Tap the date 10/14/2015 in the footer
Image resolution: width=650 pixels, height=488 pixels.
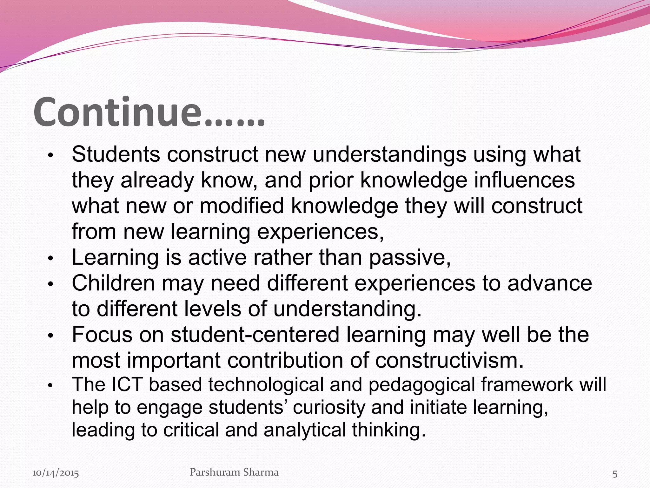click(x=56, y=473)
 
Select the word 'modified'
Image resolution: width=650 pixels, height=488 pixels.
click(x=242, y=206)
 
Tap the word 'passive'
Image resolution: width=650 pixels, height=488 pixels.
click(x=409, y=258)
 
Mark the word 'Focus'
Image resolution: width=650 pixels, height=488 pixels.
click(x=102, y=335)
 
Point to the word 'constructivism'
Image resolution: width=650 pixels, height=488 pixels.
click(x=449, y=361)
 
